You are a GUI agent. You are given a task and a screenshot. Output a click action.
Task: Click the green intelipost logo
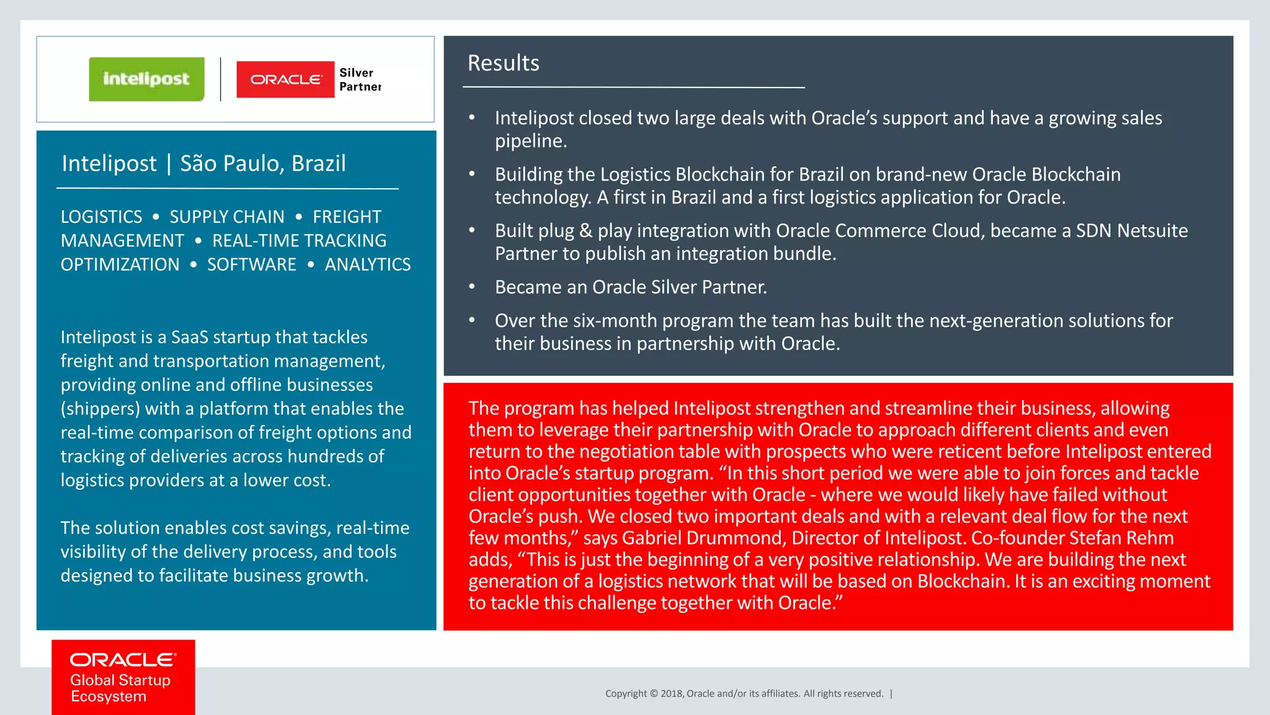pos(146,79)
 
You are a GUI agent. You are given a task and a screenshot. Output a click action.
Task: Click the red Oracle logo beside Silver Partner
pos(285,79)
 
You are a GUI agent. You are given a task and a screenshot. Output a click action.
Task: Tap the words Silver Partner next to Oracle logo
pos(360,79)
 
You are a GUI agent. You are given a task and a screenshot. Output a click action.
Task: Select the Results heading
pos(503,63)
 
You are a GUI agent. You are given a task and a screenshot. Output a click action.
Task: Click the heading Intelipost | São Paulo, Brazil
pos(203,163)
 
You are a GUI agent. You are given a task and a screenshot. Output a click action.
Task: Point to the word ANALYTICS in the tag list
pos(368,264)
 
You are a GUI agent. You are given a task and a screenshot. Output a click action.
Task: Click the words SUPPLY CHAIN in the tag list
pos(227,217)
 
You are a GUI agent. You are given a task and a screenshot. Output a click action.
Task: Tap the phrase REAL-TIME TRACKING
pos(299,241)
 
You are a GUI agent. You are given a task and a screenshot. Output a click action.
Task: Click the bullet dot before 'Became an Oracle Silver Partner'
pos(472,287)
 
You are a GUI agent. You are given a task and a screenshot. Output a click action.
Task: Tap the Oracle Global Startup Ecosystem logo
pos(123,677)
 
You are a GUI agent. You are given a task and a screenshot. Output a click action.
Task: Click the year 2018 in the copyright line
pos(671,694)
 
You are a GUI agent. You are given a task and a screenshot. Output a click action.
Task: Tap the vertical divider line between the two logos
pos(221,79)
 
